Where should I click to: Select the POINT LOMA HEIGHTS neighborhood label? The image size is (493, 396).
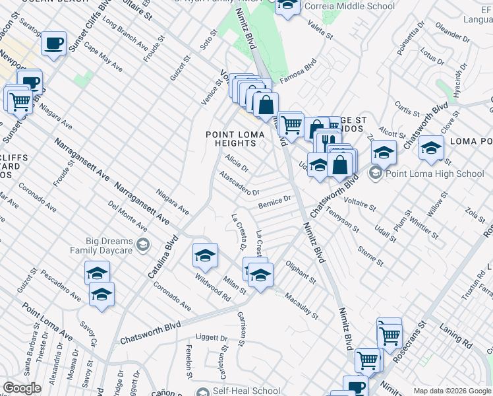[235, 140]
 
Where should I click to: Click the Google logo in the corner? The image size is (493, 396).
[22, 388]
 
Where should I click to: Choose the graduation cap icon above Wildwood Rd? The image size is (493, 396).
[205, 255]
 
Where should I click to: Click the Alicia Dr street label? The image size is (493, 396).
[236, 163]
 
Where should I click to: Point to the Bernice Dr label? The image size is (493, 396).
[274, 201]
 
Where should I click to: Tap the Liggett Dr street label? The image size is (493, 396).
[212, 337]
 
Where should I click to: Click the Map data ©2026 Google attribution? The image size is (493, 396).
[451, 391]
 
